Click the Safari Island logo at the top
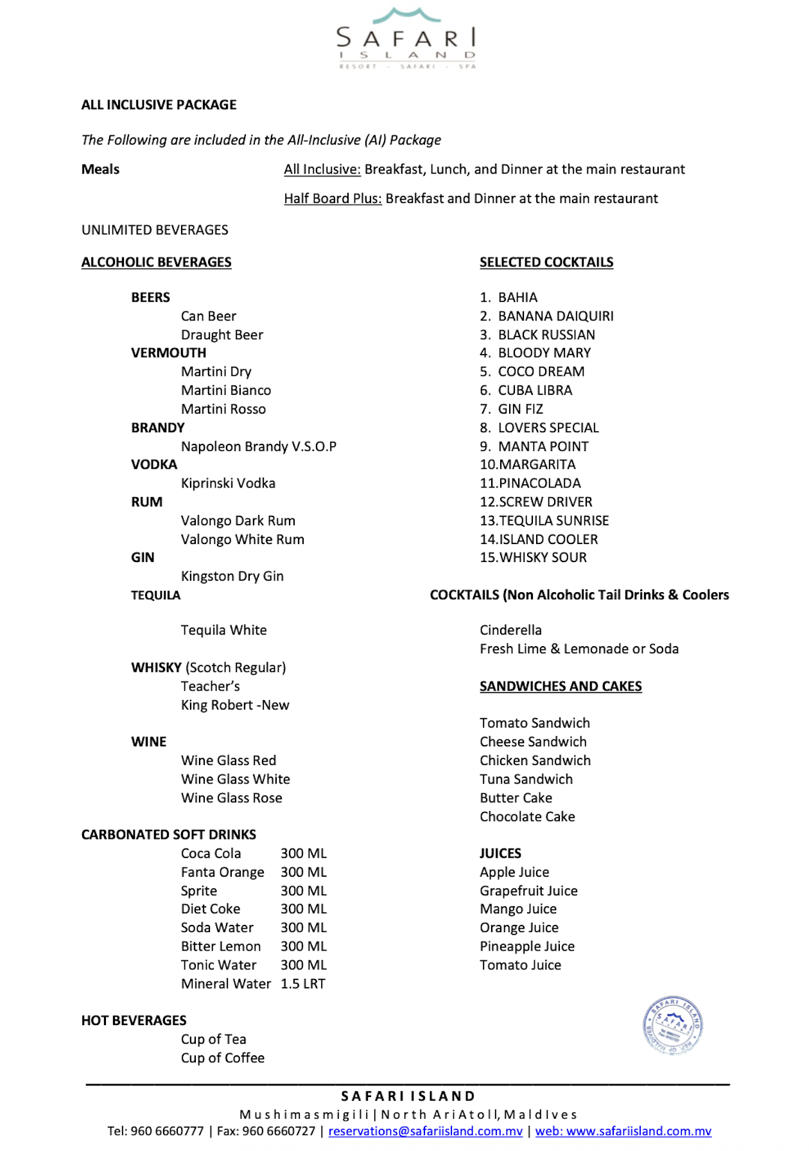click(406, 39)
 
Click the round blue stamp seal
click(672, 1025)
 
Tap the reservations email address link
click(425, 1131)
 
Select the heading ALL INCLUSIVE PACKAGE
click(159, 105)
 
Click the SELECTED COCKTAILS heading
click(546, 262)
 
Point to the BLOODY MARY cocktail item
click(544, 353)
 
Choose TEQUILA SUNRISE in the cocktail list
click(553, 520)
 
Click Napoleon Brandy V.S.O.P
click(258, 446)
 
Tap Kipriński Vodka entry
click(228, 483)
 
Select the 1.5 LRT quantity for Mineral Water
click(303, 983)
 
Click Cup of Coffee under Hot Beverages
click(222, 1058)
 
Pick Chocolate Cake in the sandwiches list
click(527, 816)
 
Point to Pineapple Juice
click(527, 946)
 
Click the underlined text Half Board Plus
click(333, 198)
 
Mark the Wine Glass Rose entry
click(231, 798)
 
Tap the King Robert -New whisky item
click(235, 705)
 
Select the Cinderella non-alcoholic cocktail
click(510, 630)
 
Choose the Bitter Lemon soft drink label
click(221, 946)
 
